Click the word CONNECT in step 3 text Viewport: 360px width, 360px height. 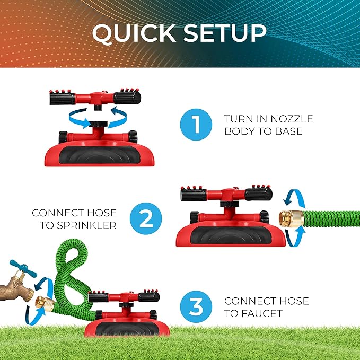[249, 301]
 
